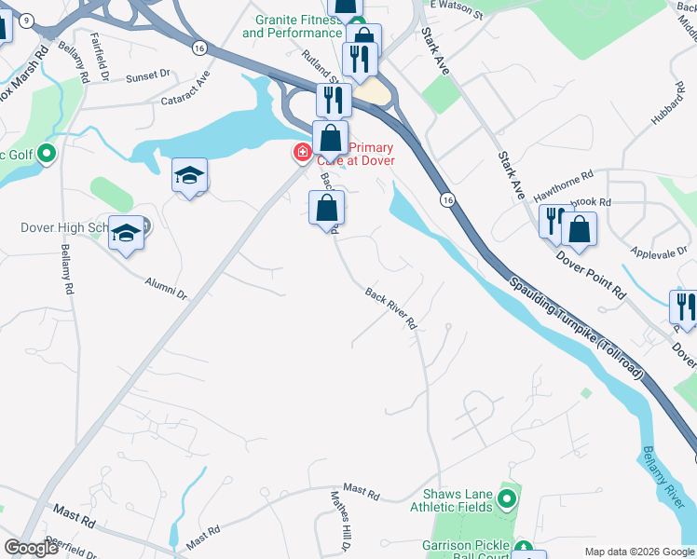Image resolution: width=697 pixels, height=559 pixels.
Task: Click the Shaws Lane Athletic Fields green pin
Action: pyautogui.click(x=507, y=500)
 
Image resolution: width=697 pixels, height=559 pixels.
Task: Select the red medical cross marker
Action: pyautogui.click(x=302, y=152)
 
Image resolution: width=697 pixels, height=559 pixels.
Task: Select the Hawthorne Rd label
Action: pyautogui.click(x=563, y=187)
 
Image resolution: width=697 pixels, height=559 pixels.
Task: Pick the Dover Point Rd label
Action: pyautogui.click(x=592, y=274)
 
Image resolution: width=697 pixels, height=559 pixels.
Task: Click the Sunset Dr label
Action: pyautogui.click(x=148, y=74)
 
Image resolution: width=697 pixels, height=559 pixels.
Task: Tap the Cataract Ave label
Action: pyautogui.click(x=185, y=97)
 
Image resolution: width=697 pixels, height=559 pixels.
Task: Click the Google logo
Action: pyautogui.click(x=31, y=548)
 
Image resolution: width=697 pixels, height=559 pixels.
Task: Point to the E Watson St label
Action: pyautogui.click(x=457, y=8)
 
